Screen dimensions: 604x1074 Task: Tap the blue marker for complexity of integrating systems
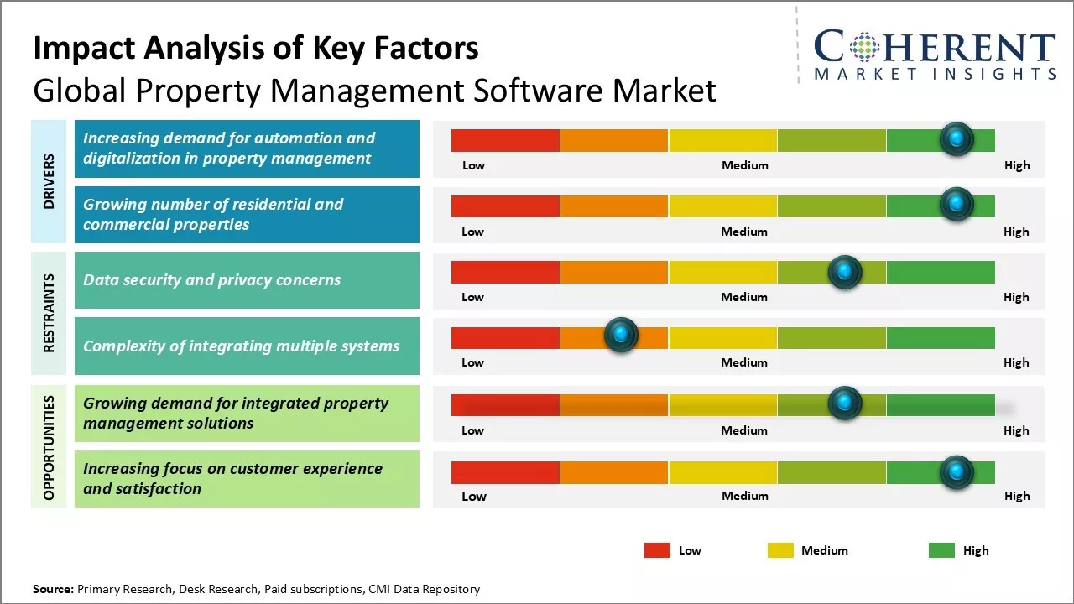point(621,335)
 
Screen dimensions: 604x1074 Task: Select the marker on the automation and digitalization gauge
point(956,138)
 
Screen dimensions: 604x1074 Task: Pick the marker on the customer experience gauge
point(956,472)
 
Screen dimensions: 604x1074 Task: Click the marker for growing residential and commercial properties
point(956,204)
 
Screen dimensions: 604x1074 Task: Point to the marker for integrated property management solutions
point(845,404)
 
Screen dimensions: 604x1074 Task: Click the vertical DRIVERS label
point(48,181)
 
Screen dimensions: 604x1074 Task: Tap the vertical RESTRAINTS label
point(48,313)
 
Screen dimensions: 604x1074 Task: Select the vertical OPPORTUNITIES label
point(48,447)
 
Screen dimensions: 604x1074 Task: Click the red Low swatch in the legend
point(657,550)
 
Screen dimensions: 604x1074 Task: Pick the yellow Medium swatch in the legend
point(780,550)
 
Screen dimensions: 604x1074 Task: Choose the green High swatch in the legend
point(941,550)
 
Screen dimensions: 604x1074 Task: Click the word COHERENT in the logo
point(935,47)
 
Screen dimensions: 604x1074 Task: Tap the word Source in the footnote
point(53,589)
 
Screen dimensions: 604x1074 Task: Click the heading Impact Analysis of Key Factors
point(256,48)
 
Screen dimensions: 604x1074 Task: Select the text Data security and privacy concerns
point(211,280)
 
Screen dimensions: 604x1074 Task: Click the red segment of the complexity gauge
point(505,338)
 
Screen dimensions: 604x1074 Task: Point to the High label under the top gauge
point(1017,165)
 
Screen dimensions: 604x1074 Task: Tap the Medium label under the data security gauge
point(744,297)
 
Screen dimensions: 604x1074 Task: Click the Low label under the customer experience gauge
point(473,496)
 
